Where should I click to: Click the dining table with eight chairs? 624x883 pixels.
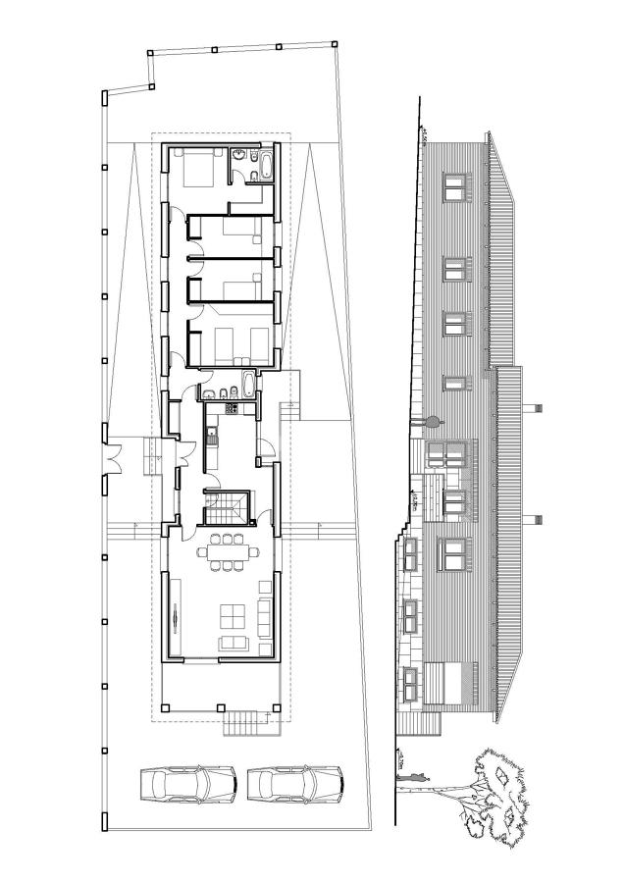click(229, 552)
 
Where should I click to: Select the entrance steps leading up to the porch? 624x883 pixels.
click(245, 724)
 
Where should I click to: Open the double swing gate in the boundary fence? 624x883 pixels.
click(113, 456)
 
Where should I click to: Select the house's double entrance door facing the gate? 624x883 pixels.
click(181, 456)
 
